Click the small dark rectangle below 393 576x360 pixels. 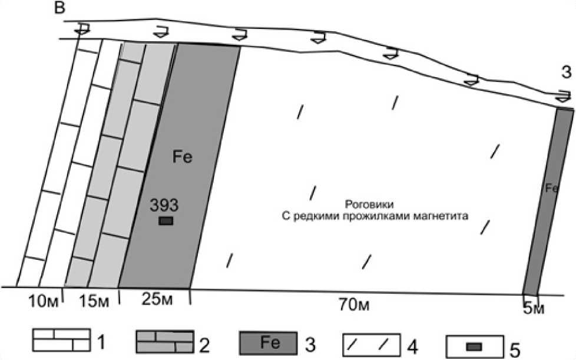click(x=166, y=221)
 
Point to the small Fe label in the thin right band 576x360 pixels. click(x=551, y=188)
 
